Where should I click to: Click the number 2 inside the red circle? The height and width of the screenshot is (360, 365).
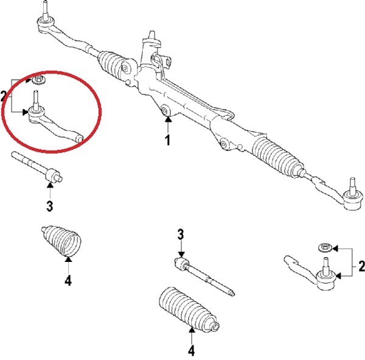[x=4, y=96]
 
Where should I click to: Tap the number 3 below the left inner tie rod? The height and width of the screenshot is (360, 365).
[x=50, y=206]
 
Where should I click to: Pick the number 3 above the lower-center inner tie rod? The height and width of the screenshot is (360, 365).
[x=180, y=235]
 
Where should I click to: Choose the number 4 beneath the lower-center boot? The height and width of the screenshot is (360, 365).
[x=192, y=350]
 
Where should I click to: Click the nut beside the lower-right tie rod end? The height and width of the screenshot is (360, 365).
[x=325, y=248]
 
